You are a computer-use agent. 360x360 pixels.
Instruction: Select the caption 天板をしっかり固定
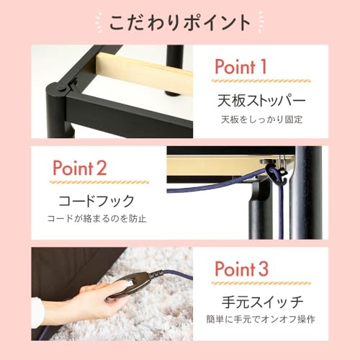pos(257,119)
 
